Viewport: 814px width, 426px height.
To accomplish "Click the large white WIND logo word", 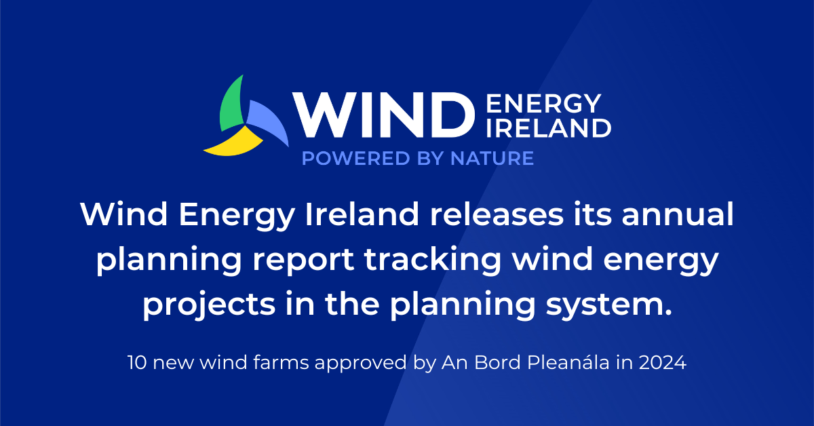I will point(383,115).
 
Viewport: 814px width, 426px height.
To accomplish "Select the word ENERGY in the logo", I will point(543,104).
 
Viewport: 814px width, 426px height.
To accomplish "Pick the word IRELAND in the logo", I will point(549,127).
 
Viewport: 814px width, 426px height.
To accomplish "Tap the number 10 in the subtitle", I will point(136,363).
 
